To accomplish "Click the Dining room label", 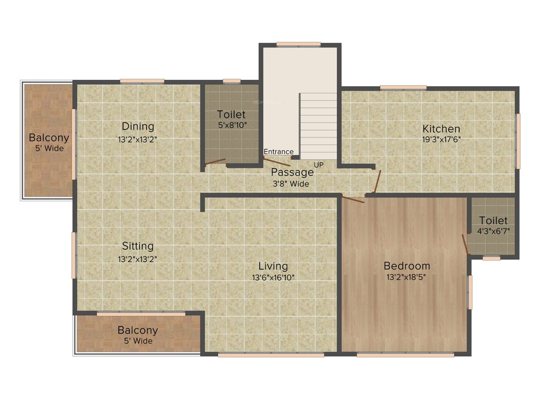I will [x=138, y=127].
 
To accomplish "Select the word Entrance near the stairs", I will [x=278, y=152].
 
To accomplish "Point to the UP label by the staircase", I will [x=318, y=165].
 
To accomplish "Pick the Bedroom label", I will [x=407, y=266].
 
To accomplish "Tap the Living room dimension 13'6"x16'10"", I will [x=273, y=277].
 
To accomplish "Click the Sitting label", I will [x=138, y=246].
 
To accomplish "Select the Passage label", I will [x=292, y=173].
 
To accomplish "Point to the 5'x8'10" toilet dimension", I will [x=232, y=126].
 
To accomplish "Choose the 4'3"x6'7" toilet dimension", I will [x=493, y=231].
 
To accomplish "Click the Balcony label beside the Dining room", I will [x=49, y=137].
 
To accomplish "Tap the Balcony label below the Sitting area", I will [x=138, y=330].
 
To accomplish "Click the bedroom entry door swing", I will [x=353, y=200].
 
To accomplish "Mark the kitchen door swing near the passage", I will [x=377, y=181].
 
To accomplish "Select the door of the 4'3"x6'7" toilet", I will [x=465, y=243].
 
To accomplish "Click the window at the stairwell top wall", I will [x=299, y=44].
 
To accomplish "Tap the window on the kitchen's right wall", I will [x=518, y=141].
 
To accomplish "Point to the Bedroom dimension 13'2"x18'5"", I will [x=407, y=277].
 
